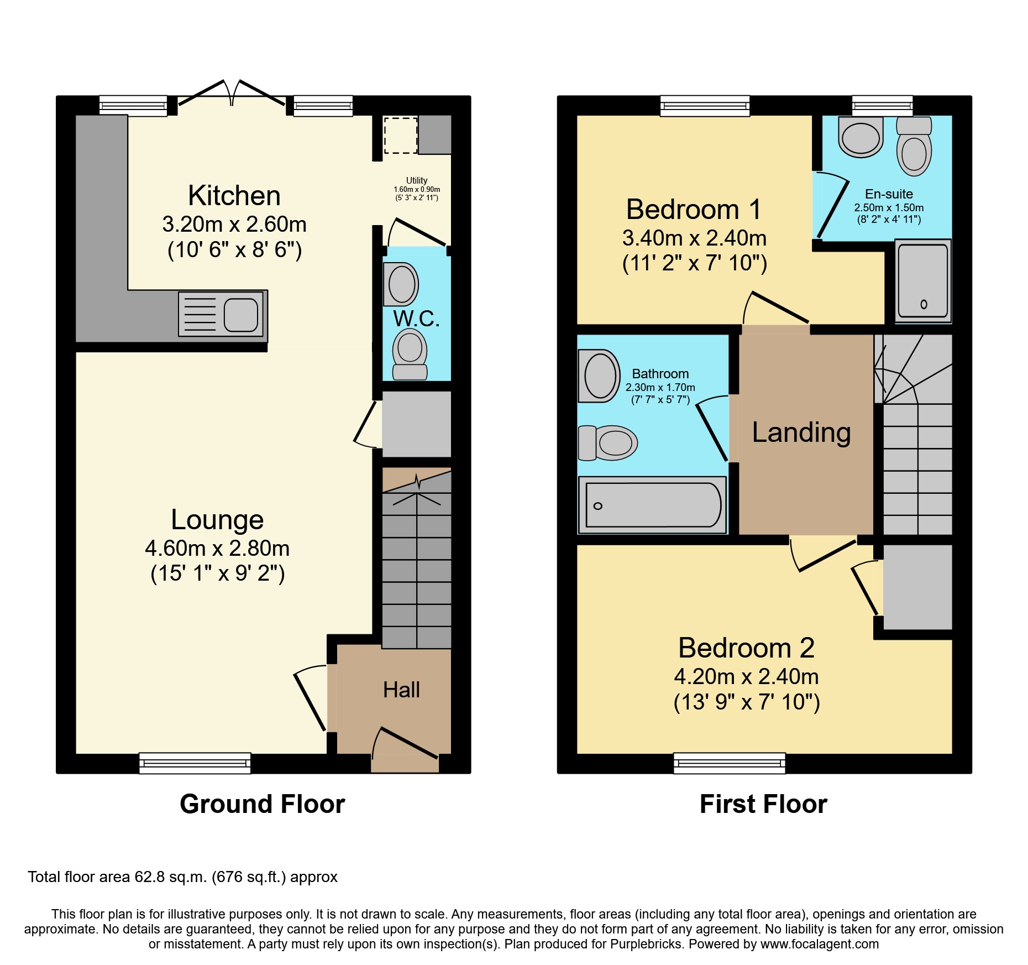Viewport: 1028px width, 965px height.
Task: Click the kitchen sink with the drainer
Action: (221, 314)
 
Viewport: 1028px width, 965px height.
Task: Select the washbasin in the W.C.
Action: (401, 284)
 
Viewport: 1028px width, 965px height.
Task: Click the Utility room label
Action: (417, 181)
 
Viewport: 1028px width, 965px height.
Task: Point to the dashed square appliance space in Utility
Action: (400, 135)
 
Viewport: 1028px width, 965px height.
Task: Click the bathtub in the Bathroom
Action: (653, 505)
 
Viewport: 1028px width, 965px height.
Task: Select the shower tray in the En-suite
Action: (922, 281)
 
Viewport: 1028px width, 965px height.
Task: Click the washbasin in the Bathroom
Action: (599, 376)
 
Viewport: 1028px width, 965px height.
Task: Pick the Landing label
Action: (801, 432)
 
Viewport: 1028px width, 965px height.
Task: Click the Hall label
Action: (401, 690)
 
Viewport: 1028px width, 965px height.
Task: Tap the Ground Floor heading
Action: (262, 804)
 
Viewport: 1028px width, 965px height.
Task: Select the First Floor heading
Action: (763, 804)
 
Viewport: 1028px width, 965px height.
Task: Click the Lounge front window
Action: (195, 763)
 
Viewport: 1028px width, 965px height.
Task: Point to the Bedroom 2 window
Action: (729, 763)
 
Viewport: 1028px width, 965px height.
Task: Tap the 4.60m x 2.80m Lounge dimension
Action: (217, 548)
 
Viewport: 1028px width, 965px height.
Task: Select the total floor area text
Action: (182, 877)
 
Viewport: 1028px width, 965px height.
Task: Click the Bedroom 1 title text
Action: (694, 210)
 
